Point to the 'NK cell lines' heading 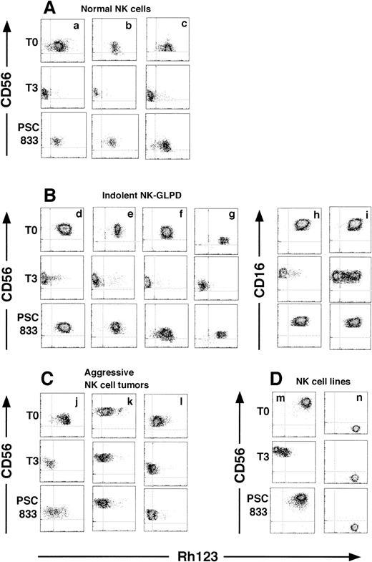[290, 381]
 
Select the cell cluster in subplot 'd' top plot [64, 229]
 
